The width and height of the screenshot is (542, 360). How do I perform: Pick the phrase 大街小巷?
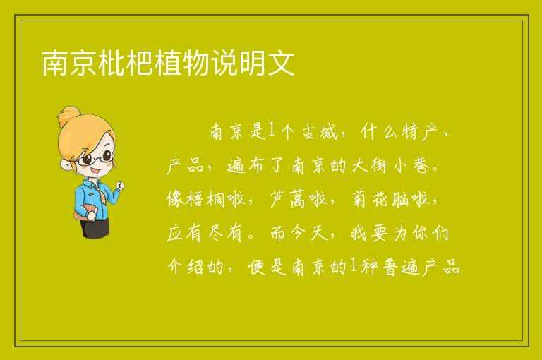click(391, 166)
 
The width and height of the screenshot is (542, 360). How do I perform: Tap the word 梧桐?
click(206, 200)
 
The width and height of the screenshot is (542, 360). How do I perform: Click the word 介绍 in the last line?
click(186, 267)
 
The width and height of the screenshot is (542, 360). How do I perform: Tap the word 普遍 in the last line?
click(401, 267)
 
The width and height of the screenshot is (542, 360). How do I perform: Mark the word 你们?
click(431, 234)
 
